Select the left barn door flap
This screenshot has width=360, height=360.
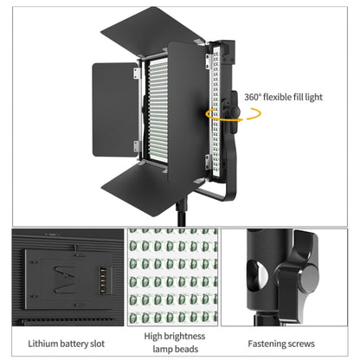114,108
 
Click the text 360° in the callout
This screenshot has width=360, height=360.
254,98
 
